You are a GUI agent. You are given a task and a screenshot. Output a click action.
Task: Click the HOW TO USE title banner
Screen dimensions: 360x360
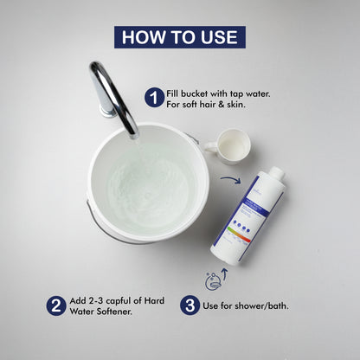coord(180,37)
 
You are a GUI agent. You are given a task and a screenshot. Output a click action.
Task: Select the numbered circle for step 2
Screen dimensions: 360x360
coord(55,305)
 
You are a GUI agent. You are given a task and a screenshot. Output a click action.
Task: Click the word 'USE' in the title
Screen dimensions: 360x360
coord(217,37)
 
